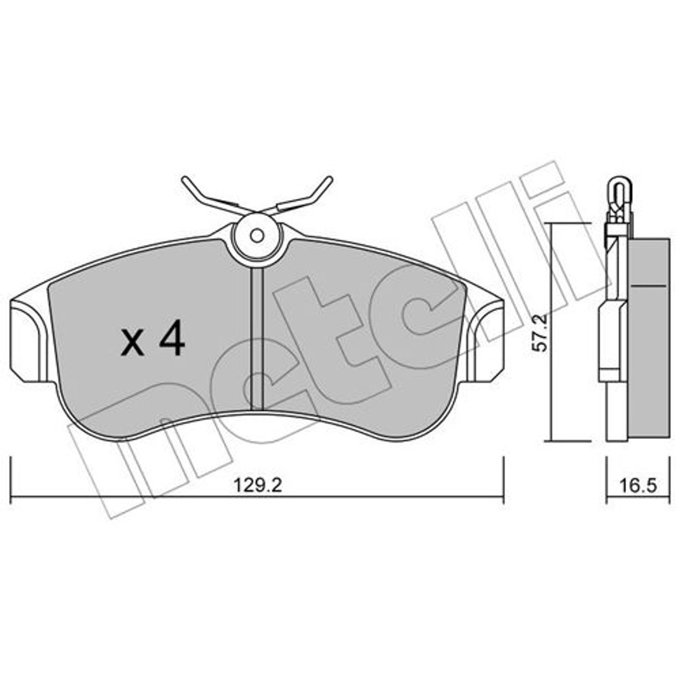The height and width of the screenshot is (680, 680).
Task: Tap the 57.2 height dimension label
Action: (x=541, y=332)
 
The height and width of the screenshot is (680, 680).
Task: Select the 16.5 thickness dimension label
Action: (x=637, y=485)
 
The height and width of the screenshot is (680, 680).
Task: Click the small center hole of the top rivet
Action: (x=257, y=235)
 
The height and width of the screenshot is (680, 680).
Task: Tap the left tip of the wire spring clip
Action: (x=184, y=179)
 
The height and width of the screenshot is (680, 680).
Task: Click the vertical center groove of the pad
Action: (x=257, y=338)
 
